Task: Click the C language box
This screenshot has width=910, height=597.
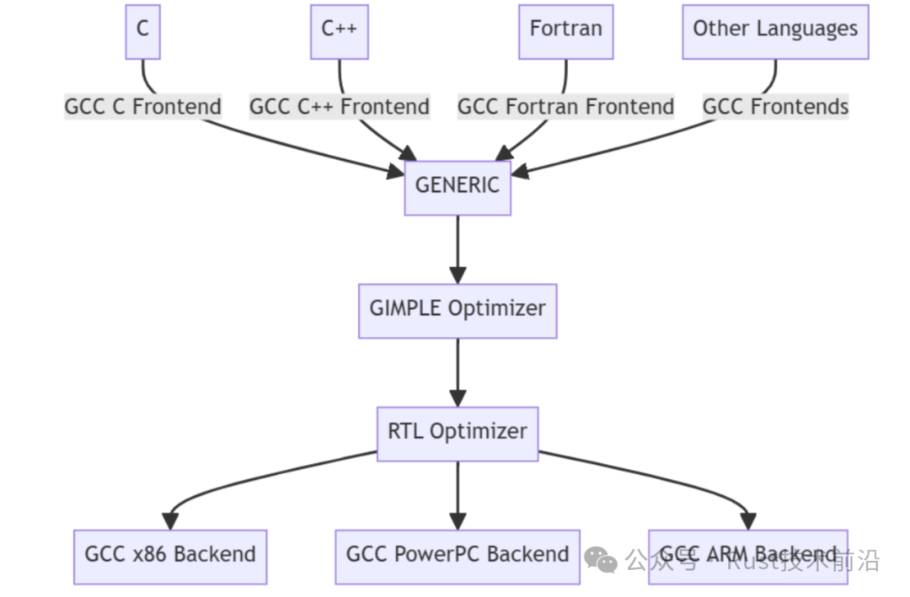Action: click(142, 31)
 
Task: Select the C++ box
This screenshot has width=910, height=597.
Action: click(339, 31)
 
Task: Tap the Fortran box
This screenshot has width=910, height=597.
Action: click(565, 31)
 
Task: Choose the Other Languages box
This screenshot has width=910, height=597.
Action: click(774, 31)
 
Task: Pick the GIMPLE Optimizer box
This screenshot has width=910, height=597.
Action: click(458, 310)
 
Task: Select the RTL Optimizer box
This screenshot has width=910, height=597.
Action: click(458, 433)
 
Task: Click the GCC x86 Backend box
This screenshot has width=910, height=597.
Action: click(170, 556)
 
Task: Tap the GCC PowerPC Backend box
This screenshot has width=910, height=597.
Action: click(458, 556)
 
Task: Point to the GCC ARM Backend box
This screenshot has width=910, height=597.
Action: click(747, 556)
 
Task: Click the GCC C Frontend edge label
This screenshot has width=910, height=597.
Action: click(143, 108)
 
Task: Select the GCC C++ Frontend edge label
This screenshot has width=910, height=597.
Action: click(340, 108)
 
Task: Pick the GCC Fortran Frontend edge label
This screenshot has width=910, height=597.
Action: click(565, 108)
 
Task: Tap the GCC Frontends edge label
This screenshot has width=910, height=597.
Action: click(775, 108)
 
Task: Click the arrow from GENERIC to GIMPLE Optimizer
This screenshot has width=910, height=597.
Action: click(458, 248)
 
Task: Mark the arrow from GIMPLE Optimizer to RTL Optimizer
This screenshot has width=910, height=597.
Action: click(458, 371)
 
